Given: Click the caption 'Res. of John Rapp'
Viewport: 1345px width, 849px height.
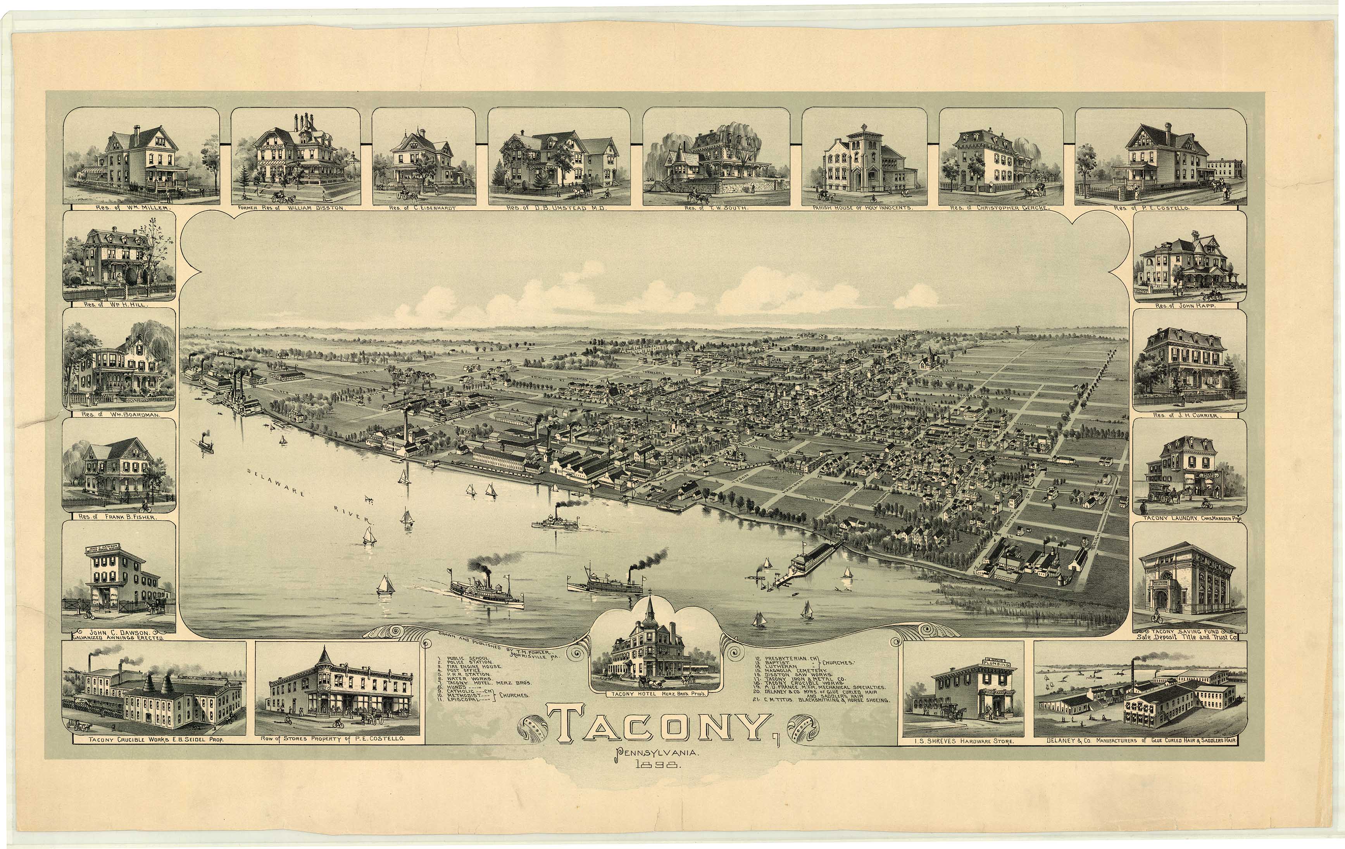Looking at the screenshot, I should pos(1189,307).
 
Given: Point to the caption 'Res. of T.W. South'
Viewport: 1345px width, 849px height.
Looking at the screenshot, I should pos(717,208).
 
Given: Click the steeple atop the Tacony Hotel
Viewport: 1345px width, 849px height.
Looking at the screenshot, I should pos(650,609).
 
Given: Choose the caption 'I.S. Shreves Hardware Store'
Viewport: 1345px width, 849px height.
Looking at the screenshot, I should pos(964,741).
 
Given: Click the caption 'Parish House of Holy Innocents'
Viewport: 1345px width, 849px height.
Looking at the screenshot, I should pos(864,208).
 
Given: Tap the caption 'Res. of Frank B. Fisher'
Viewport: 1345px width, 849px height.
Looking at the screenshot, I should pos(119,517).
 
